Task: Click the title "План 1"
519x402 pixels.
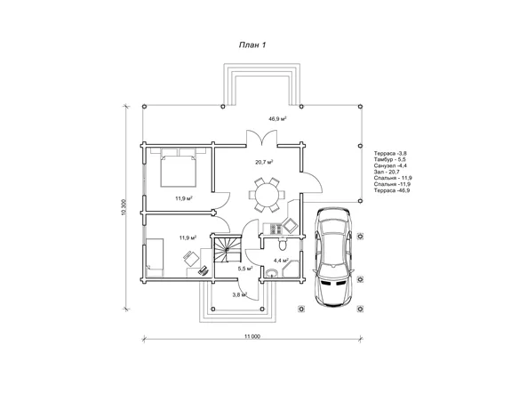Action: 252,45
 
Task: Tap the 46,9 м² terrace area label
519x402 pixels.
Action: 277,118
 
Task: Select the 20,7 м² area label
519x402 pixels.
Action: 264,162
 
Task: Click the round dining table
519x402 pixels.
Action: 267,195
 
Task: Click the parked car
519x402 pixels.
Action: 333,257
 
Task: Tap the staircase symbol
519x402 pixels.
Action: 227,249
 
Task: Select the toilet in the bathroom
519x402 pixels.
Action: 283,244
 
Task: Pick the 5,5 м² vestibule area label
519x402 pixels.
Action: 245,269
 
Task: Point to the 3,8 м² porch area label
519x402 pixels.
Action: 240,294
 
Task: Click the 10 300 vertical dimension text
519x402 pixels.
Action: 124,207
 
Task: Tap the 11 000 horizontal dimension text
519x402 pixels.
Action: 252,336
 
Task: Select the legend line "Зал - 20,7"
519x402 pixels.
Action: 387,172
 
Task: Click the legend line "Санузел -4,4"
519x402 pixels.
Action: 390,165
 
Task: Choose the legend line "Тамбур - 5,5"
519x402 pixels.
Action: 390,159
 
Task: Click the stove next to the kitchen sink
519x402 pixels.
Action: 276,229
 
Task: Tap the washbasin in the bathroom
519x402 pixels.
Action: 272,273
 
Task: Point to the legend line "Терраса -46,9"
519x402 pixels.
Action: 392,190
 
